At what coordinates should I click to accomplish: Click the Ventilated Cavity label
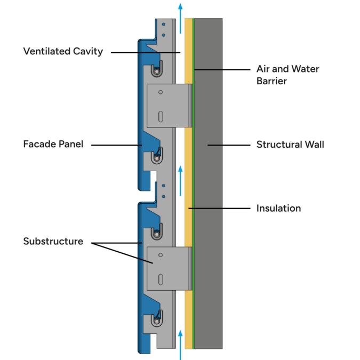[63, 51]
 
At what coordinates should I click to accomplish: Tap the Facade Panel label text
[53, 144]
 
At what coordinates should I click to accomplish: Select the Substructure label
[53, 241]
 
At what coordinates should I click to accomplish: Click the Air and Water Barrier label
[287, 75]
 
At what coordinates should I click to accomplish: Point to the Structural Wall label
[290, 145]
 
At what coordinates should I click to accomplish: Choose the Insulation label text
[278, 208]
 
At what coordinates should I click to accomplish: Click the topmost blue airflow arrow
[180, 19]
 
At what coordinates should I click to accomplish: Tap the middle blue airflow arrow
[180, 181]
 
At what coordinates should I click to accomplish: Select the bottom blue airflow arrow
[180, 345]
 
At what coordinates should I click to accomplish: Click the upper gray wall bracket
[169, 106]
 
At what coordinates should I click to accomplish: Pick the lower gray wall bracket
[169, 269]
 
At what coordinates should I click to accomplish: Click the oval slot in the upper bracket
[161, 117]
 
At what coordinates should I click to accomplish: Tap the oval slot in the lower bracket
[161, 279]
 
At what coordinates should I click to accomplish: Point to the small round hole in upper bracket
[161, 92]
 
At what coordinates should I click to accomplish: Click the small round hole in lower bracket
[161, 255]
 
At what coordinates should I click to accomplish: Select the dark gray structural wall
[209, 183]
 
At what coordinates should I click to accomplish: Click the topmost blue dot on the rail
[164, 24]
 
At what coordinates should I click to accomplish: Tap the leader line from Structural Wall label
[229, 145]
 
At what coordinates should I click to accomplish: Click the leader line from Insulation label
[219, 209]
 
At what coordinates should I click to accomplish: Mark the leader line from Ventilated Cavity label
[146, 53]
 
